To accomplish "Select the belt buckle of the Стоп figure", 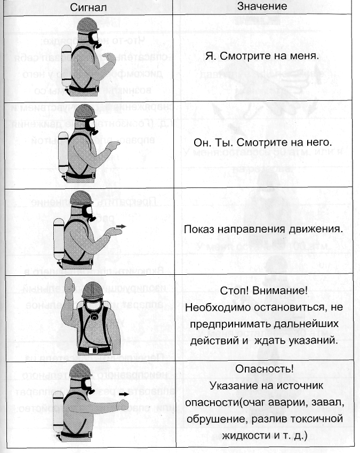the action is pos(95,351).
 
